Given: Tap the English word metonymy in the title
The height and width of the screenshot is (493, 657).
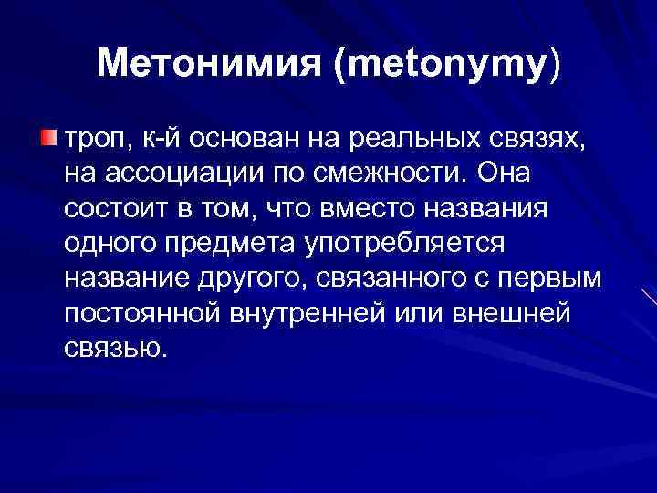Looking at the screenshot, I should click(x=445, y=64).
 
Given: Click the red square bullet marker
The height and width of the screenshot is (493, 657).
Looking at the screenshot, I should click(x=49, y=137).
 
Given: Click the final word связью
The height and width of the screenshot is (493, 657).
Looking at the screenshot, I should click(x=117, y=348).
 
